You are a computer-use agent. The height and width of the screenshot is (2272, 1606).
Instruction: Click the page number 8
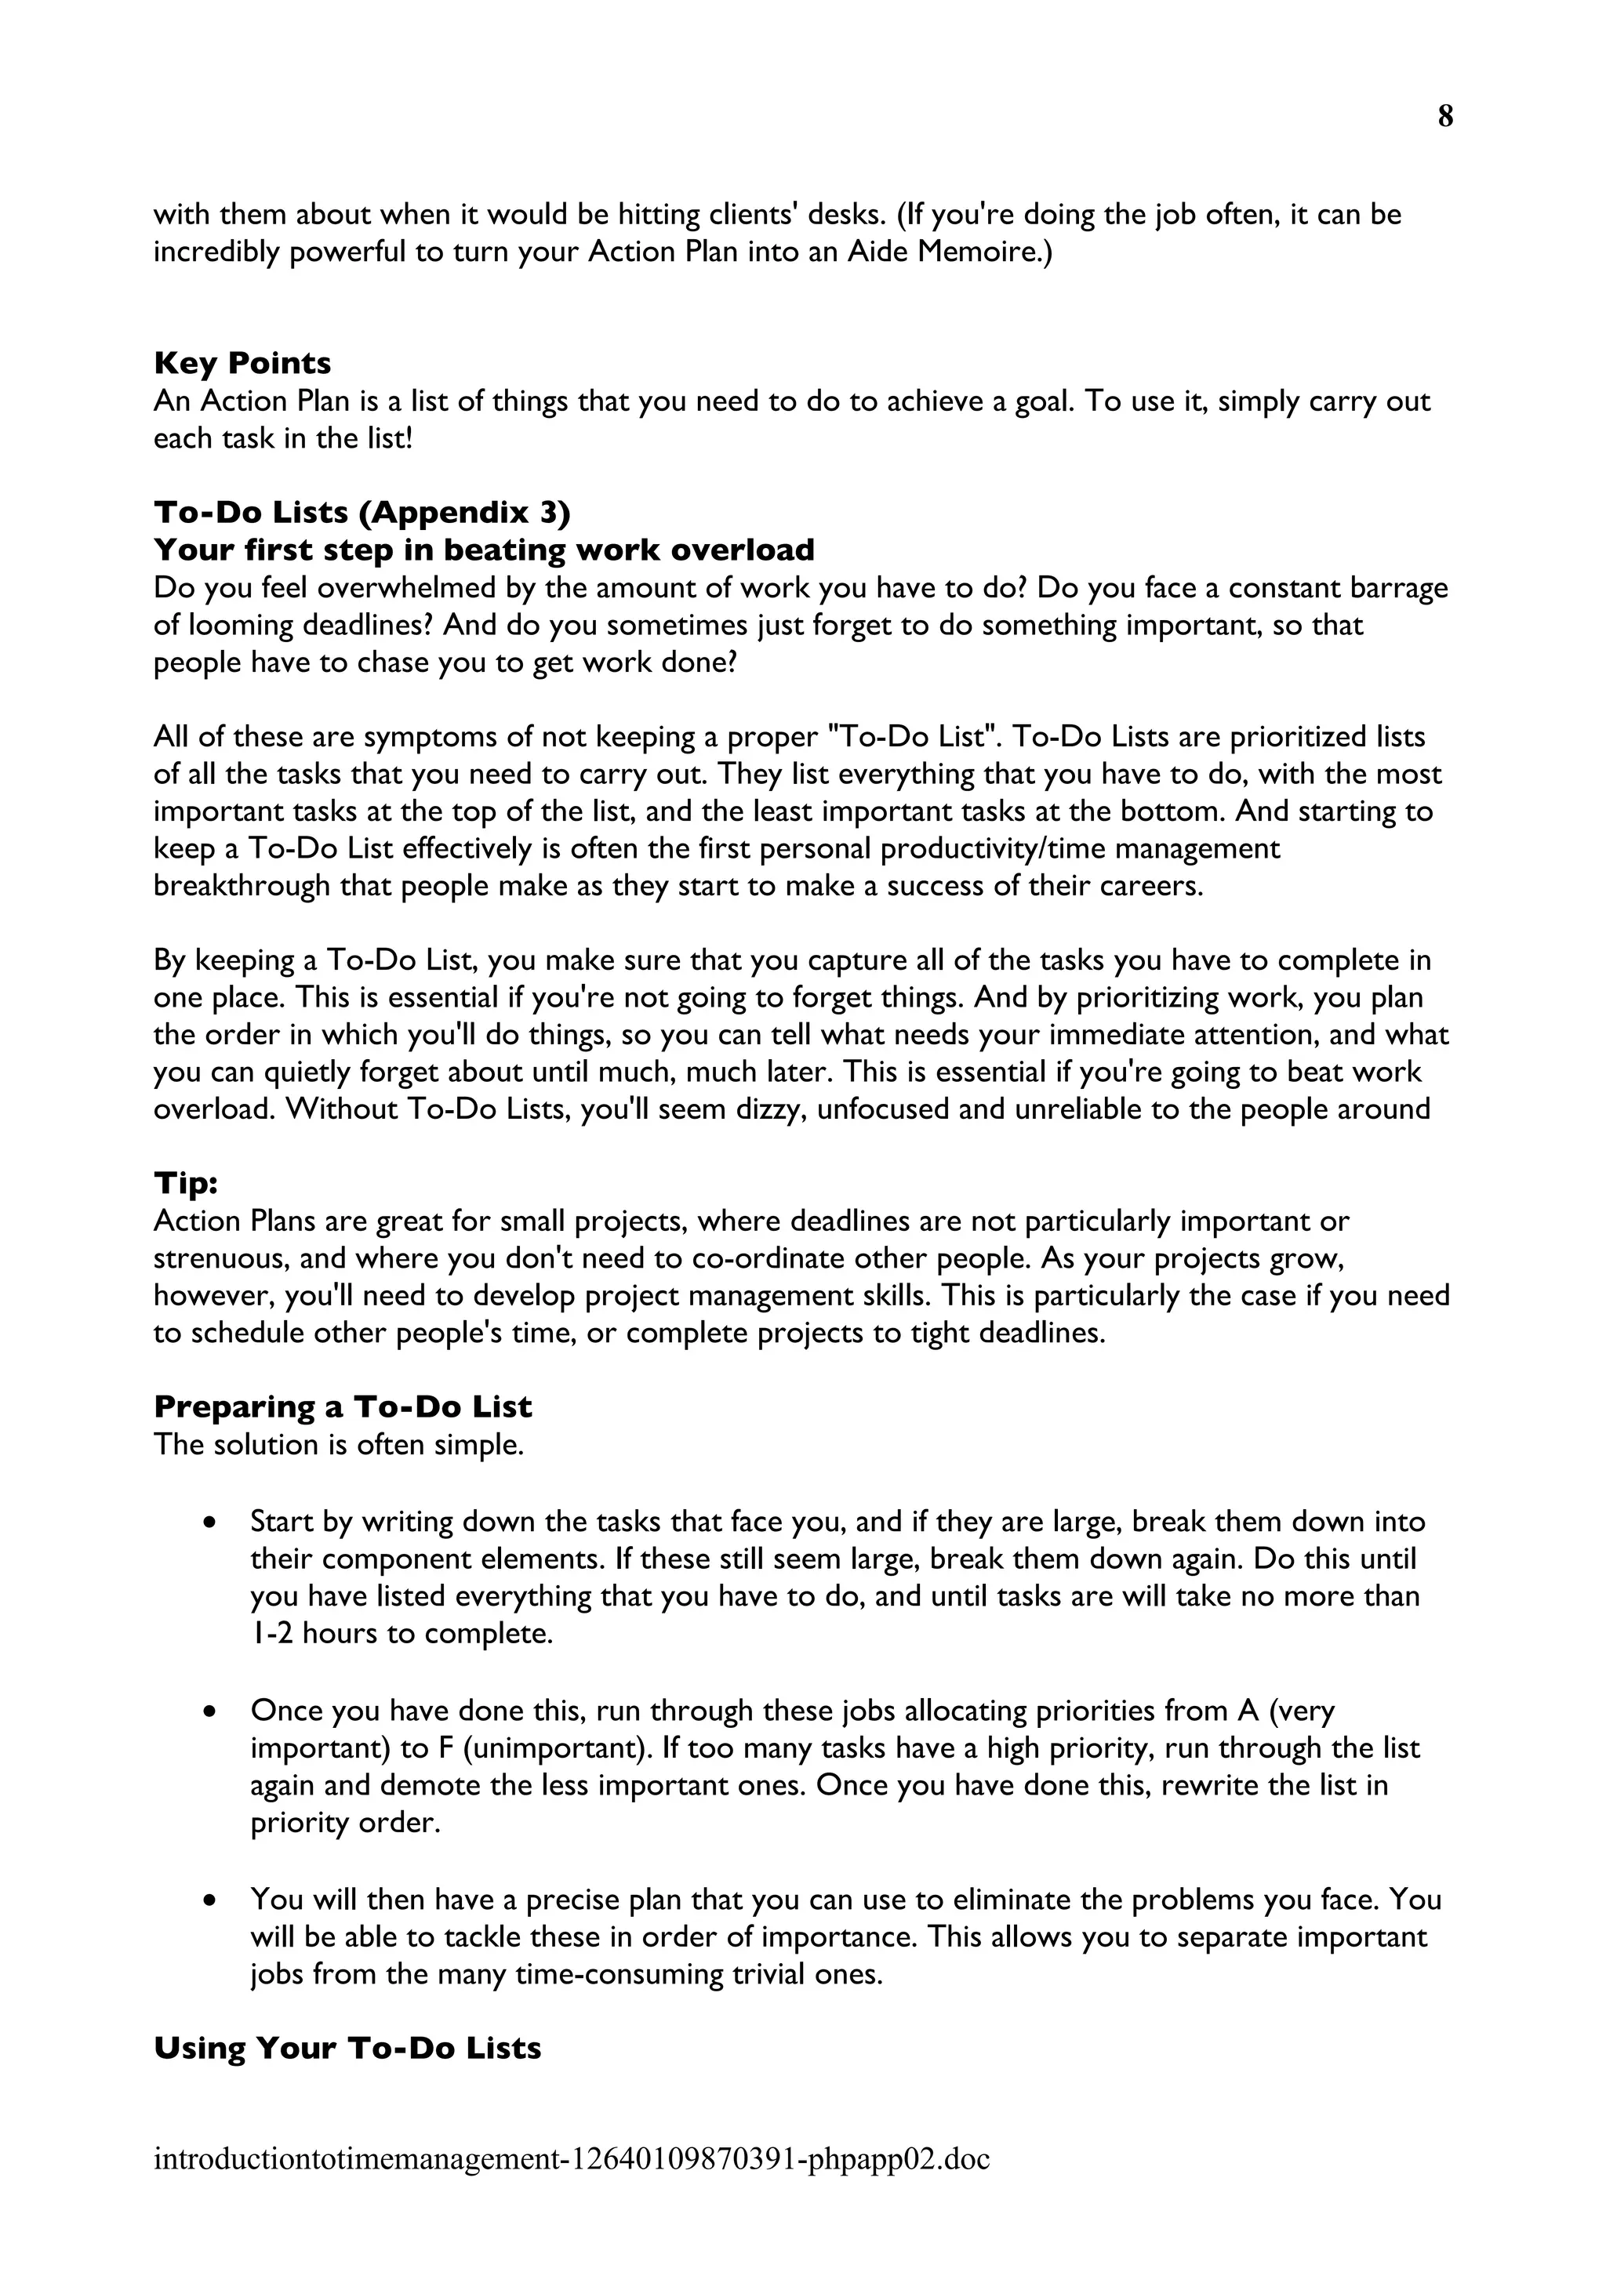(x=1444, y=117)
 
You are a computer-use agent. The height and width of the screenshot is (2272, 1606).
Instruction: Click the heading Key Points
(x=242, y=363)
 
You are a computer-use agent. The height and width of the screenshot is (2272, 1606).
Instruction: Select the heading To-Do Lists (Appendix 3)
(x=362, y=513)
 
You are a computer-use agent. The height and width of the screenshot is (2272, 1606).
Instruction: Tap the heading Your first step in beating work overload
(x=484, y=550)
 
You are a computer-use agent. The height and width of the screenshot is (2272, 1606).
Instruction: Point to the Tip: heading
(x=186, y=1184)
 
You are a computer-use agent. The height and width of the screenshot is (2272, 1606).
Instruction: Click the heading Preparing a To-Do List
(x=343, y=1407)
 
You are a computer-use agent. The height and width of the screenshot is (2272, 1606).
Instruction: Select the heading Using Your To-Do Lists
(x=347, y=2049)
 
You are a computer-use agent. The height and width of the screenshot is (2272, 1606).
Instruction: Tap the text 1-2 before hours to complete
(x=271, y=1634)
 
